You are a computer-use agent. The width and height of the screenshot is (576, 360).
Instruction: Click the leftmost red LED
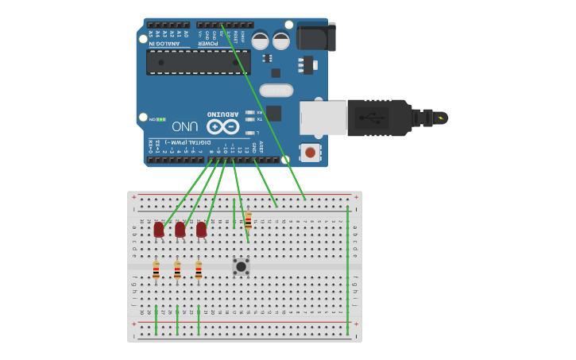click(x=158, y=230)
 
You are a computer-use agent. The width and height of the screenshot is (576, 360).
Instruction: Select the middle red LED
click(x=180, y=230)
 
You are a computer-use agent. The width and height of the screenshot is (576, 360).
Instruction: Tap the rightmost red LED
click(x=201, y=230)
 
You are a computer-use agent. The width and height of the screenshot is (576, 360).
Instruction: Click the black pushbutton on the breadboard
click(x=241, y=266)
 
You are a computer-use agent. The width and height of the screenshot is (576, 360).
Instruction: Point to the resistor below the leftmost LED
click(x=156, y=270)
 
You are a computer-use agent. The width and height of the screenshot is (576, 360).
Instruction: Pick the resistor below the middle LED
click(x=177, y=270)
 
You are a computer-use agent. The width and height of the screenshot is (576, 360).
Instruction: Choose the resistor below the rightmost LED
click(x=199, y=270)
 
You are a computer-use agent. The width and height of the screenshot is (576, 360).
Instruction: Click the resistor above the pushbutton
click(x=248, y=220)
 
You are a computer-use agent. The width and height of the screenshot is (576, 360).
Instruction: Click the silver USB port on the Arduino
click(x=323, y=118)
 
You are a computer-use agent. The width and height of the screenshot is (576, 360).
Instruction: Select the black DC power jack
click(x=316, y=37)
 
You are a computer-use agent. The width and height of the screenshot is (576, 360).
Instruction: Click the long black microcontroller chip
click(x=198, y=62)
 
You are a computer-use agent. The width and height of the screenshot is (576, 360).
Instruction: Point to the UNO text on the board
click(x=184, y=126)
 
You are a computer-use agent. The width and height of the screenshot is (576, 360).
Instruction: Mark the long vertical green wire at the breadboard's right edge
click(x=347, y=270)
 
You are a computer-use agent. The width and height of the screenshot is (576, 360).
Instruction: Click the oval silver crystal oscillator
click(x=276, y=91)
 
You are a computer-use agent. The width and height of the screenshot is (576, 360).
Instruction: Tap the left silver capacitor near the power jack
click(x=261, y=41)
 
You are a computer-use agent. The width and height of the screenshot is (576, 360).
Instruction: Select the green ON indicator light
click(x=160, y=119)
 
